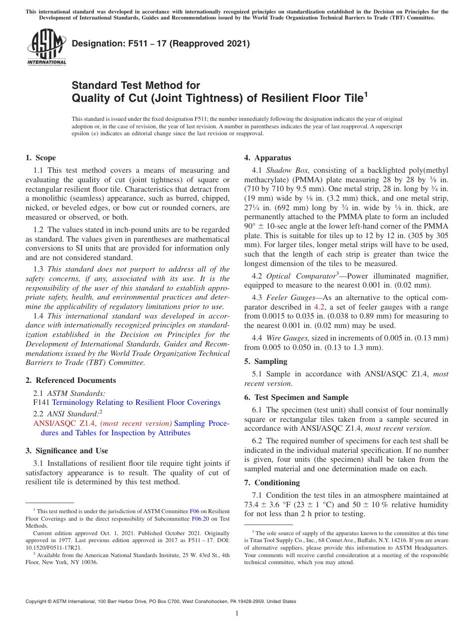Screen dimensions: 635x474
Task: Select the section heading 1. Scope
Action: pos(40,158)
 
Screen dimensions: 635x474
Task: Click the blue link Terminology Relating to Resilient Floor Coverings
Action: pos(136,402)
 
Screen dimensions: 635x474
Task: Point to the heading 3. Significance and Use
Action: pos(66,451)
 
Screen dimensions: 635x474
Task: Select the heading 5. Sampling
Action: pos(265,361)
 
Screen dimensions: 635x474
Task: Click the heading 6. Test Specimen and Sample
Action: pos(296,397)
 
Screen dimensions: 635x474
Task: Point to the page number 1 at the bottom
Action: pos(237,614)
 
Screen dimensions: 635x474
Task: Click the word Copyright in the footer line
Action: pos(37,602)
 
